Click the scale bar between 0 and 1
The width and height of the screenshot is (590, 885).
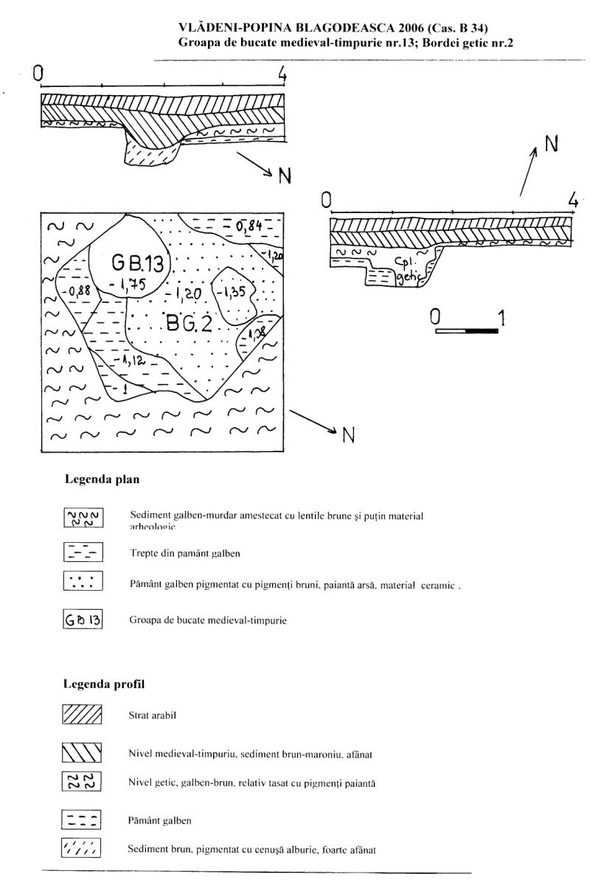pyautogui.click(x=466, y=331)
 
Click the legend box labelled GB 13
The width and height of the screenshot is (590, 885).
pyautogui.click(x=82, y=620)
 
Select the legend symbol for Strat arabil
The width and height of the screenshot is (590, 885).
pyautogui.click(x=82, y=715)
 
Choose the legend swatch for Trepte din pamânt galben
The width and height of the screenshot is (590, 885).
pyautogui.click(x=82, y=551)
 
